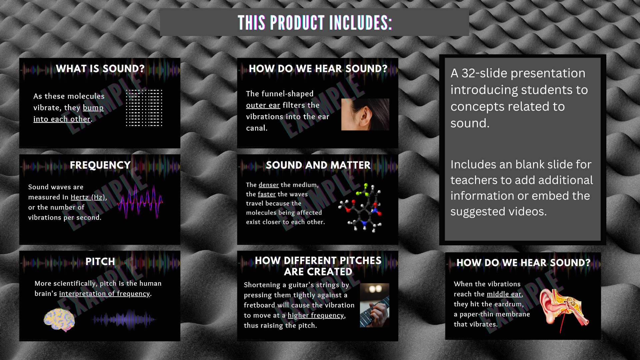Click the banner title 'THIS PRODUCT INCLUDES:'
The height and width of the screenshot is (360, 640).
[x=315, y=23]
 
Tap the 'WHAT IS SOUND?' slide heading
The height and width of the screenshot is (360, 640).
[x=100, y=69]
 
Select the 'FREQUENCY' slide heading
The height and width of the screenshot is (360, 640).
[x=100, y=165]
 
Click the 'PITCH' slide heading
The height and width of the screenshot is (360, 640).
[x=100, y=262]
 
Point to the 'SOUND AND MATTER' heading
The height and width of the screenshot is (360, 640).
[x=318, y=165]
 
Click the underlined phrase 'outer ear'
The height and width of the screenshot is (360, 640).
[x=263, y=105]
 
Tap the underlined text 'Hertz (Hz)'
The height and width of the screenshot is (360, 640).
[x=88, y=197]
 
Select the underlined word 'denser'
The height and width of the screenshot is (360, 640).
[x=269, y=185]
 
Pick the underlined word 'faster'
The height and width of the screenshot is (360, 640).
[x=267, y=194]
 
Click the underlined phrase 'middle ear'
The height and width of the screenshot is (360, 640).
[x=504, y=294]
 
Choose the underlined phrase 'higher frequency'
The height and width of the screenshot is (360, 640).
[x=316, y=315]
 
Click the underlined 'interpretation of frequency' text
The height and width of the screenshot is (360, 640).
[x=104, y=294]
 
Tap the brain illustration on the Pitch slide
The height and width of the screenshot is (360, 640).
[x=59, y=320]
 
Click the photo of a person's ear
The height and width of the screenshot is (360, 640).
[x=365, y=114]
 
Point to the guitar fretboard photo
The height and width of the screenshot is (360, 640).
[x=374, y=305]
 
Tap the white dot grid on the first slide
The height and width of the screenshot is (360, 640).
[x=144, y=108]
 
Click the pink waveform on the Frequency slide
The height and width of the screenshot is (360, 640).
[x=140, y=202]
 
